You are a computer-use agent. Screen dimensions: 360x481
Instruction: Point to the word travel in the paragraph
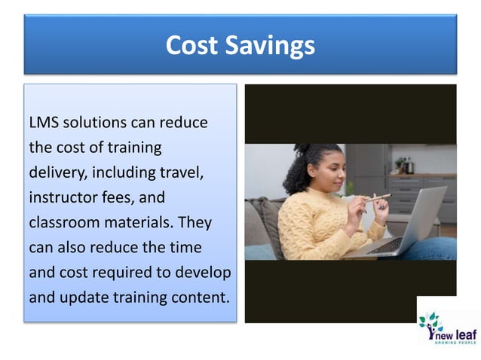point(182,172)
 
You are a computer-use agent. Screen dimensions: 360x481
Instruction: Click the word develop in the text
point(206,272)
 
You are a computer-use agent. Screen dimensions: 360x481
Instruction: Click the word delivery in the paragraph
point(59,172)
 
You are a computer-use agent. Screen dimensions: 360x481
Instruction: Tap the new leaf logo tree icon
point(430,324)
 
